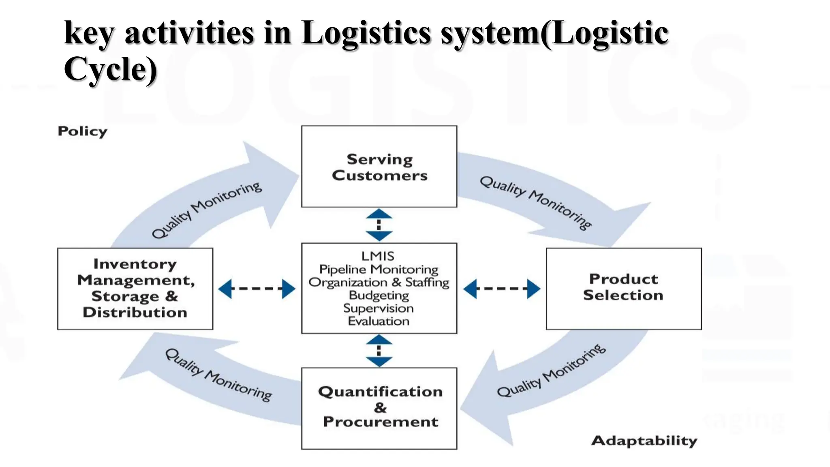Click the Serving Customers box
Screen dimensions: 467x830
click(379, 167)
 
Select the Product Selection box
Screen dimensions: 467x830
click(623, 288)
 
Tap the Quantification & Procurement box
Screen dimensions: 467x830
click(379, 408)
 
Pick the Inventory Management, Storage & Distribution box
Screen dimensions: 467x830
click(135, 288)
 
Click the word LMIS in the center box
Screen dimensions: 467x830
click(378, 256)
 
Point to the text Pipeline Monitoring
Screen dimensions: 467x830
click(379, 269)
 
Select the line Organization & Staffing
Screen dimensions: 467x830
click(379, 282)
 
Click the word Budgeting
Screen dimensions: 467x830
click(379, 295)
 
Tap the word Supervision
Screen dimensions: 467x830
click(379, 308)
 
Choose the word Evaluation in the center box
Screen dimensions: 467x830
click(379, 321)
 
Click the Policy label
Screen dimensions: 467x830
click(82, 131)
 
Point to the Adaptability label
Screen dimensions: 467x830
click(644, 441)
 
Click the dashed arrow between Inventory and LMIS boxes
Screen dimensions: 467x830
click(257, 289)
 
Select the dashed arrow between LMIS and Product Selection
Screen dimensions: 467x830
click(501, 289)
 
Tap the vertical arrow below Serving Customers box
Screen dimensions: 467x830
click(379, 225)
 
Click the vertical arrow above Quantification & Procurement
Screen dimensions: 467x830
click(379, 351)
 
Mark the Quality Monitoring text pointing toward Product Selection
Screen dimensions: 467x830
click(535, 202)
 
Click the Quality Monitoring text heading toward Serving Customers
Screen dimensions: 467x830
click(207, 210)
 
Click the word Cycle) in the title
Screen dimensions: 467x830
click(110, 69)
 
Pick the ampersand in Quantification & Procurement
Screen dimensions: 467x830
click(380, 407)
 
